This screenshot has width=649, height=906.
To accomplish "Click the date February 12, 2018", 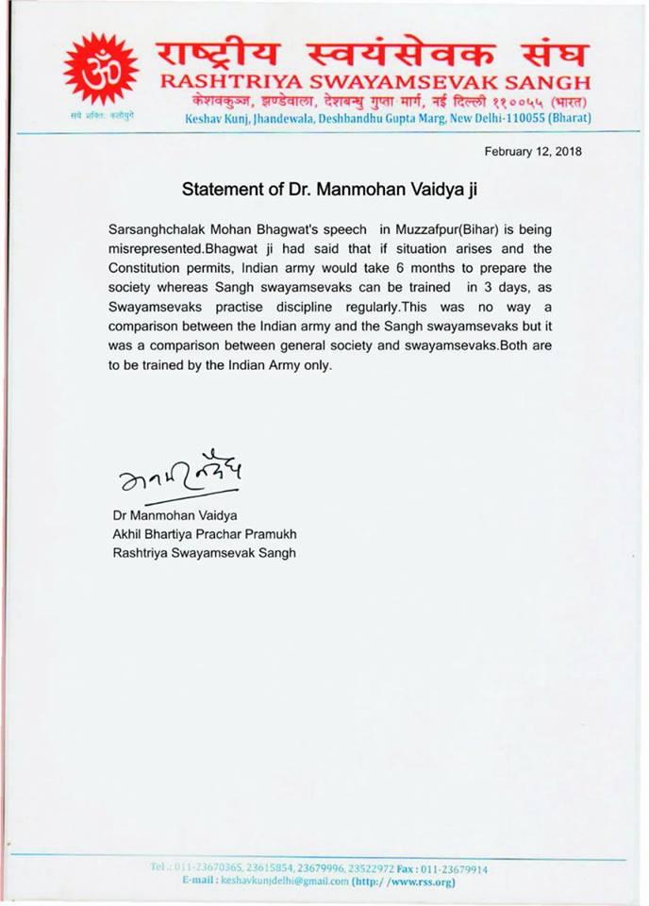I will tap(533, 151).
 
